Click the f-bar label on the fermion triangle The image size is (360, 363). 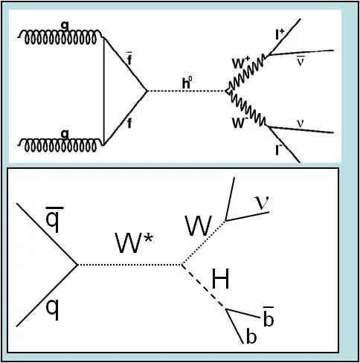[x=129, y=59]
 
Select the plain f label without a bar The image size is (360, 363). [x=129, y=123]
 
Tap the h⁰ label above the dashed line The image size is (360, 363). [x=187, y=83]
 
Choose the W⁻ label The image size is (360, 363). [x=240, y=122]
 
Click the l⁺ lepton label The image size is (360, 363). [x=280, y=35]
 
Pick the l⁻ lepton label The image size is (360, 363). [x=279, y=150]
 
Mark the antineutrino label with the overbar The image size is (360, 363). [x=300, y=61]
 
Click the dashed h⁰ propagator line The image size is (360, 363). [x=187, y=91]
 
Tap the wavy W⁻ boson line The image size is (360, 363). [x=248, y=109]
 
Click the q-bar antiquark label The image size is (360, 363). [x=54, y=219]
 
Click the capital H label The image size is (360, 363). [x=220, y=279]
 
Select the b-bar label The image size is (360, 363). [x=269, y=316]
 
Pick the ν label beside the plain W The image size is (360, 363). [x=262, y=202]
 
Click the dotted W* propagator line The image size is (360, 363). [x=129, y=265]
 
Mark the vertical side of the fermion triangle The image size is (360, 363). [x=103, y=91]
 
